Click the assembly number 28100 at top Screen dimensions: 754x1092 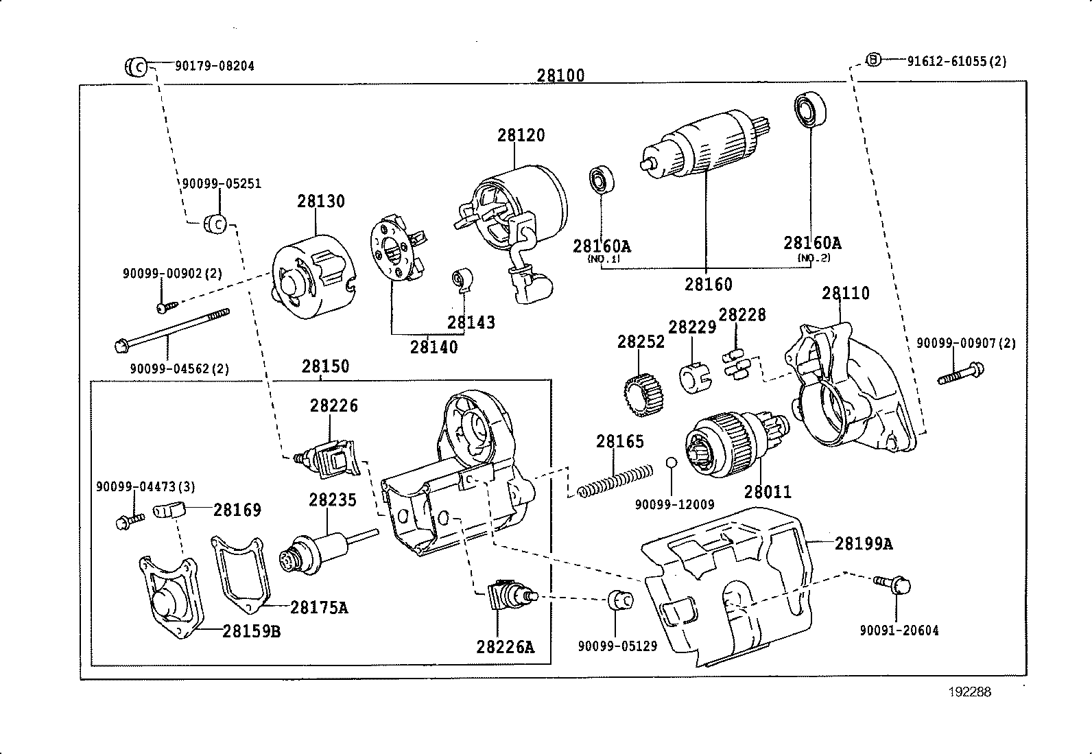pyautogui.click(x=560, y=75)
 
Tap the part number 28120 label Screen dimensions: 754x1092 pyautogui.click(x=521, y=135)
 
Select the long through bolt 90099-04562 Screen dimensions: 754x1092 pyautogui.click(x=171, y=329)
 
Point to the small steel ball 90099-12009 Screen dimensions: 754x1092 pyautogui.click(x=672, y=462)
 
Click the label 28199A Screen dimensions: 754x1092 pyautogui.click(x=864, y=544)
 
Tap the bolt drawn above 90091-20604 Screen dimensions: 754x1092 pyautogui.click(x=892, y=585)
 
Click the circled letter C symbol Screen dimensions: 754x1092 pyautogui.click(x=136, y=67)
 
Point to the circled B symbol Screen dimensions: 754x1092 pyautogui.click(x=873, y=60)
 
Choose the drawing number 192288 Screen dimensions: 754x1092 pyautogui.click(x=970, y=692)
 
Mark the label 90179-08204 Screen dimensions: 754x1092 pyautogui.click(x=214, y=67)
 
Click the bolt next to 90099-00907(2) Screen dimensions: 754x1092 pyautogui.click(x=960, y=373)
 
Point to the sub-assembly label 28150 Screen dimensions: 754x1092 pyautogui.click(x=325, y=366)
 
